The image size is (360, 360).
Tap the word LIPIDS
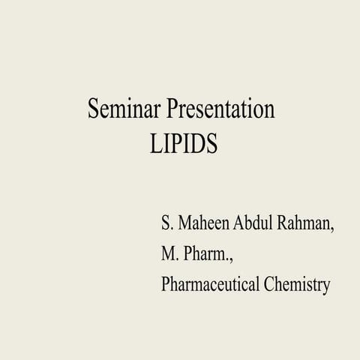click(183, 143)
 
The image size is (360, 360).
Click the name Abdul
click(256, 224)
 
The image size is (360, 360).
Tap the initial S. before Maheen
click(166, 224)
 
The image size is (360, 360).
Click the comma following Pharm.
click(232, 259)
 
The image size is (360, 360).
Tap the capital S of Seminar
click(94, 110)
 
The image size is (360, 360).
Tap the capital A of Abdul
click(241, 224)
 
